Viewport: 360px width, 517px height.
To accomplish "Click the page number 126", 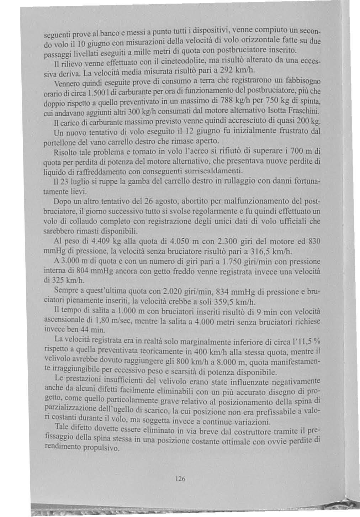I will coord(180,479).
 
